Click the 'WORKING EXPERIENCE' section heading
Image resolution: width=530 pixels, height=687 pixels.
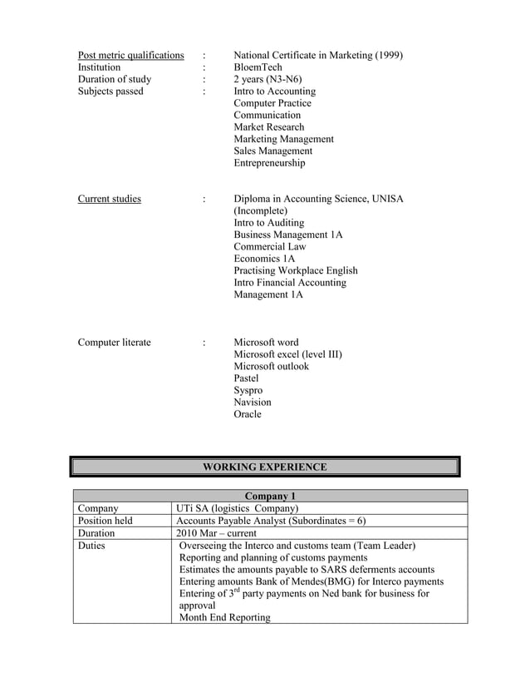click(x=264, y=467)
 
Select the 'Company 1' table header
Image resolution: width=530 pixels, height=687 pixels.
click(x=270, y=497)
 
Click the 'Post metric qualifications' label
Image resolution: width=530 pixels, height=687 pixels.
click(x=130, y=56)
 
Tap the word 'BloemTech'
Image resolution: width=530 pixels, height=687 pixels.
click(x=258, y=67)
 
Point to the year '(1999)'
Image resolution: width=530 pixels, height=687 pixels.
click(x=388, y=56)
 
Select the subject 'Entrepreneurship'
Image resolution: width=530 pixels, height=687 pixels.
click(x=269, y=163)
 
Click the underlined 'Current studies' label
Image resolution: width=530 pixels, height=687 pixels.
click(x=109, y=199)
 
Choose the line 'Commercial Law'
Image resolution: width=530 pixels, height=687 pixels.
click(x=269, y=247)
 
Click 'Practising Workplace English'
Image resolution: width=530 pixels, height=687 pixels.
click(x=295, y=270)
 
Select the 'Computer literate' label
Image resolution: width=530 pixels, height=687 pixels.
click(x=114, y=343)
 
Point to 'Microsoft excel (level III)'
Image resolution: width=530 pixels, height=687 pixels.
click(x=287, y=354)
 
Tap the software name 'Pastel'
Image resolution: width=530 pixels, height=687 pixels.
click(x=246, y=378)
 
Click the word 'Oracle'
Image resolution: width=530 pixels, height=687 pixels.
click(x=247, y=414)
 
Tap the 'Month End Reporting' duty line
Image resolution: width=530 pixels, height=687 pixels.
click(x=224, y=618)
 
